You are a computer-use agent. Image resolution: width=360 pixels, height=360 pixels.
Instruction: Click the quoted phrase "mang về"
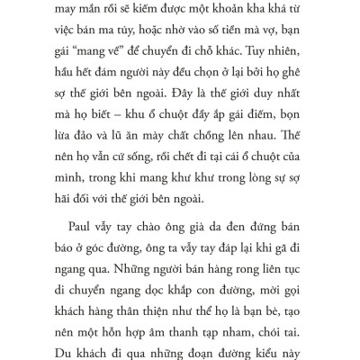point(98,58)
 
